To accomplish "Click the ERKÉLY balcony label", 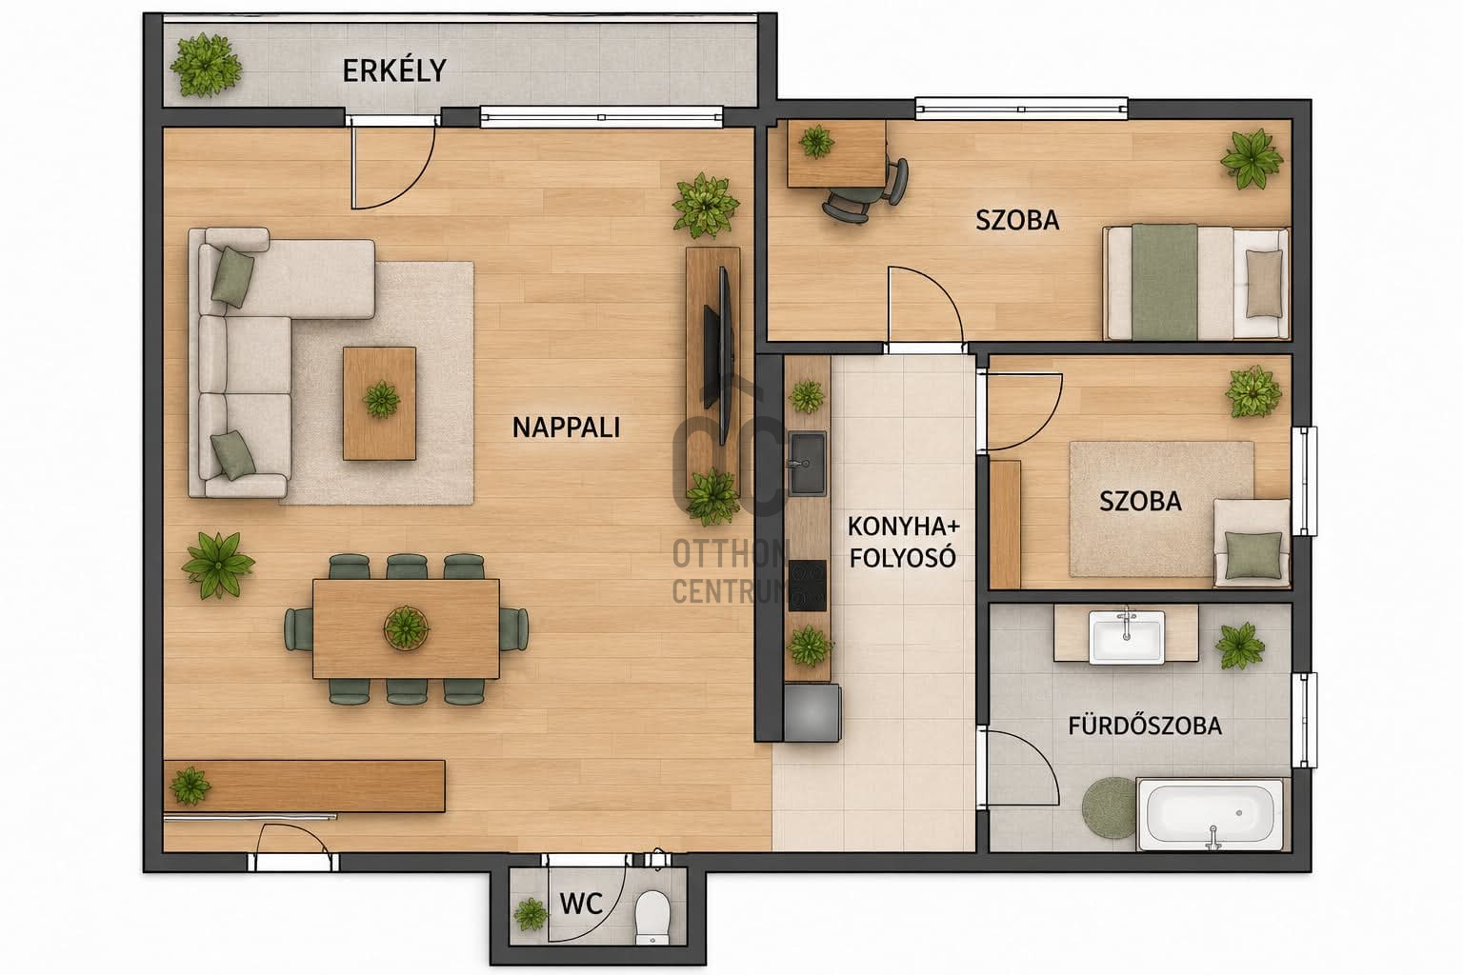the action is click(393, 70).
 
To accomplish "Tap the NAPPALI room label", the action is click(567, 428).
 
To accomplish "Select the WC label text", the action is click(581, 905).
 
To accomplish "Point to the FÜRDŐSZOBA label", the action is click(1145, 726).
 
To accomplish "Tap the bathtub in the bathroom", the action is click(1211, 814).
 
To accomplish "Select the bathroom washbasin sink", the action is click(1127, 637).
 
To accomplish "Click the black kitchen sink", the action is click(808, 463).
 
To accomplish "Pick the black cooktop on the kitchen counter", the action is click(808, 586).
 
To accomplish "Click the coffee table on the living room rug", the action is click(379, 403).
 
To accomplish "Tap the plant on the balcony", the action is click(205, 66).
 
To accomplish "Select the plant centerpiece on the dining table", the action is click(406, 627).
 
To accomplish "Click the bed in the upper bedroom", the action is click(1196, 282).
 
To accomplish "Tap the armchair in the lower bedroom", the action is click(1252, 542).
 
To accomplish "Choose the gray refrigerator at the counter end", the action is click(812, 712).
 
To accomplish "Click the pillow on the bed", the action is click(1264, 284).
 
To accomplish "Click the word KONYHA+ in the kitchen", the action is click(904, 527).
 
